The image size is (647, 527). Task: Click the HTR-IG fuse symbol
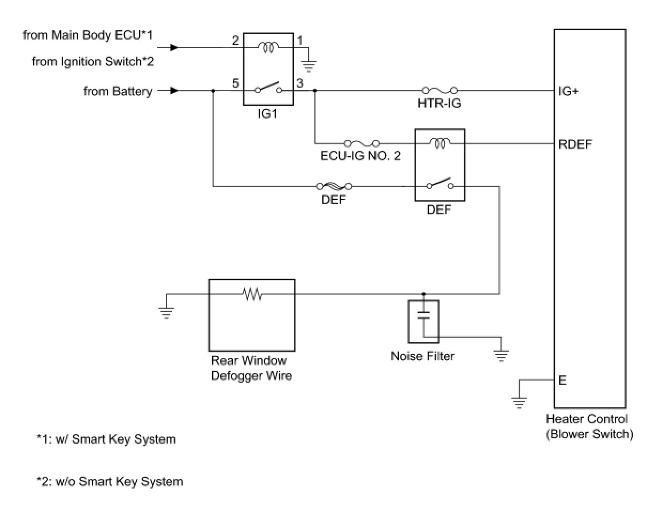[439, 91]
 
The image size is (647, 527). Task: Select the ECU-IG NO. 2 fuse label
[360, 156]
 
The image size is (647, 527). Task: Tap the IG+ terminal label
[568, 91]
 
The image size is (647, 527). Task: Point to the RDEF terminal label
[575, 144]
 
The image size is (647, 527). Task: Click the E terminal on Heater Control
[563, 381]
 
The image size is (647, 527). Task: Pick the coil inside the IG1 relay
[268, 48]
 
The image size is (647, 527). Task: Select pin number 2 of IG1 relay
[235, 41]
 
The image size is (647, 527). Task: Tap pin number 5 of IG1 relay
[235, 83]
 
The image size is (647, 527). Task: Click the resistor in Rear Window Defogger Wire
[252, 293]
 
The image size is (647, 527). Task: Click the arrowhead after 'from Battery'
[174, 91]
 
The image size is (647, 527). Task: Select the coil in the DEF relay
[440, 143]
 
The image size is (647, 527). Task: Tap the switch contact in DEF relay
[440, 184]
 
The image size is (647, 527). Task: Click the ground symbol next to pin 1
[309, 66]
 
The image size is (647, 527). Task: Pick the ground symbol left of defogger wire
[166, 312]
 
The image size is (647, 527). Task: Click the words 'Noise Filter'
[422, 356]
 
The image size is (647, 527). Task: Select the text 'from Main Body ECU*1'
[88, 35]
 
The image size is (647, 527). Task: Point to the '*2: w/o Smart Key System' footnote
[110, 482]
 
